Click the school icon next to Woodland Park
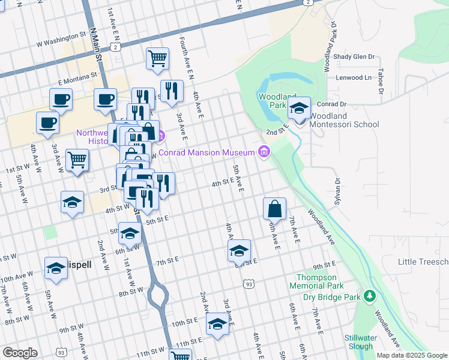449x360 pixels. click(298, 109)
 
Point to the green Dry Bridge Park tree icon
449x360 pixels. click(370, 296)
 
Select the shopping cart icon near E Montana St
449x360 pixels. click(157, 59)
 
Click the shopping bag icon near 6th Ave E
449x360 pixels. click(274, 209)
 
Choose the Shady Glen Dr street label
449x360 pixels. click(354, 57)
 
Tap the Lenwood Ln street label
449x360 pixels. click(354, 77)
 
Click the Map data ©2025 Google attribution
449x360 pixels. click(412, 355)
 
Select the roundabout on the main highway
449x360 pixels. click(158, 294)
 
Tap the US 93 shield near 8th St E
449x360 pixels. click(248, 283)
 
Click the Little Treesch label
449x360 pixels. click(423, 262)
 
